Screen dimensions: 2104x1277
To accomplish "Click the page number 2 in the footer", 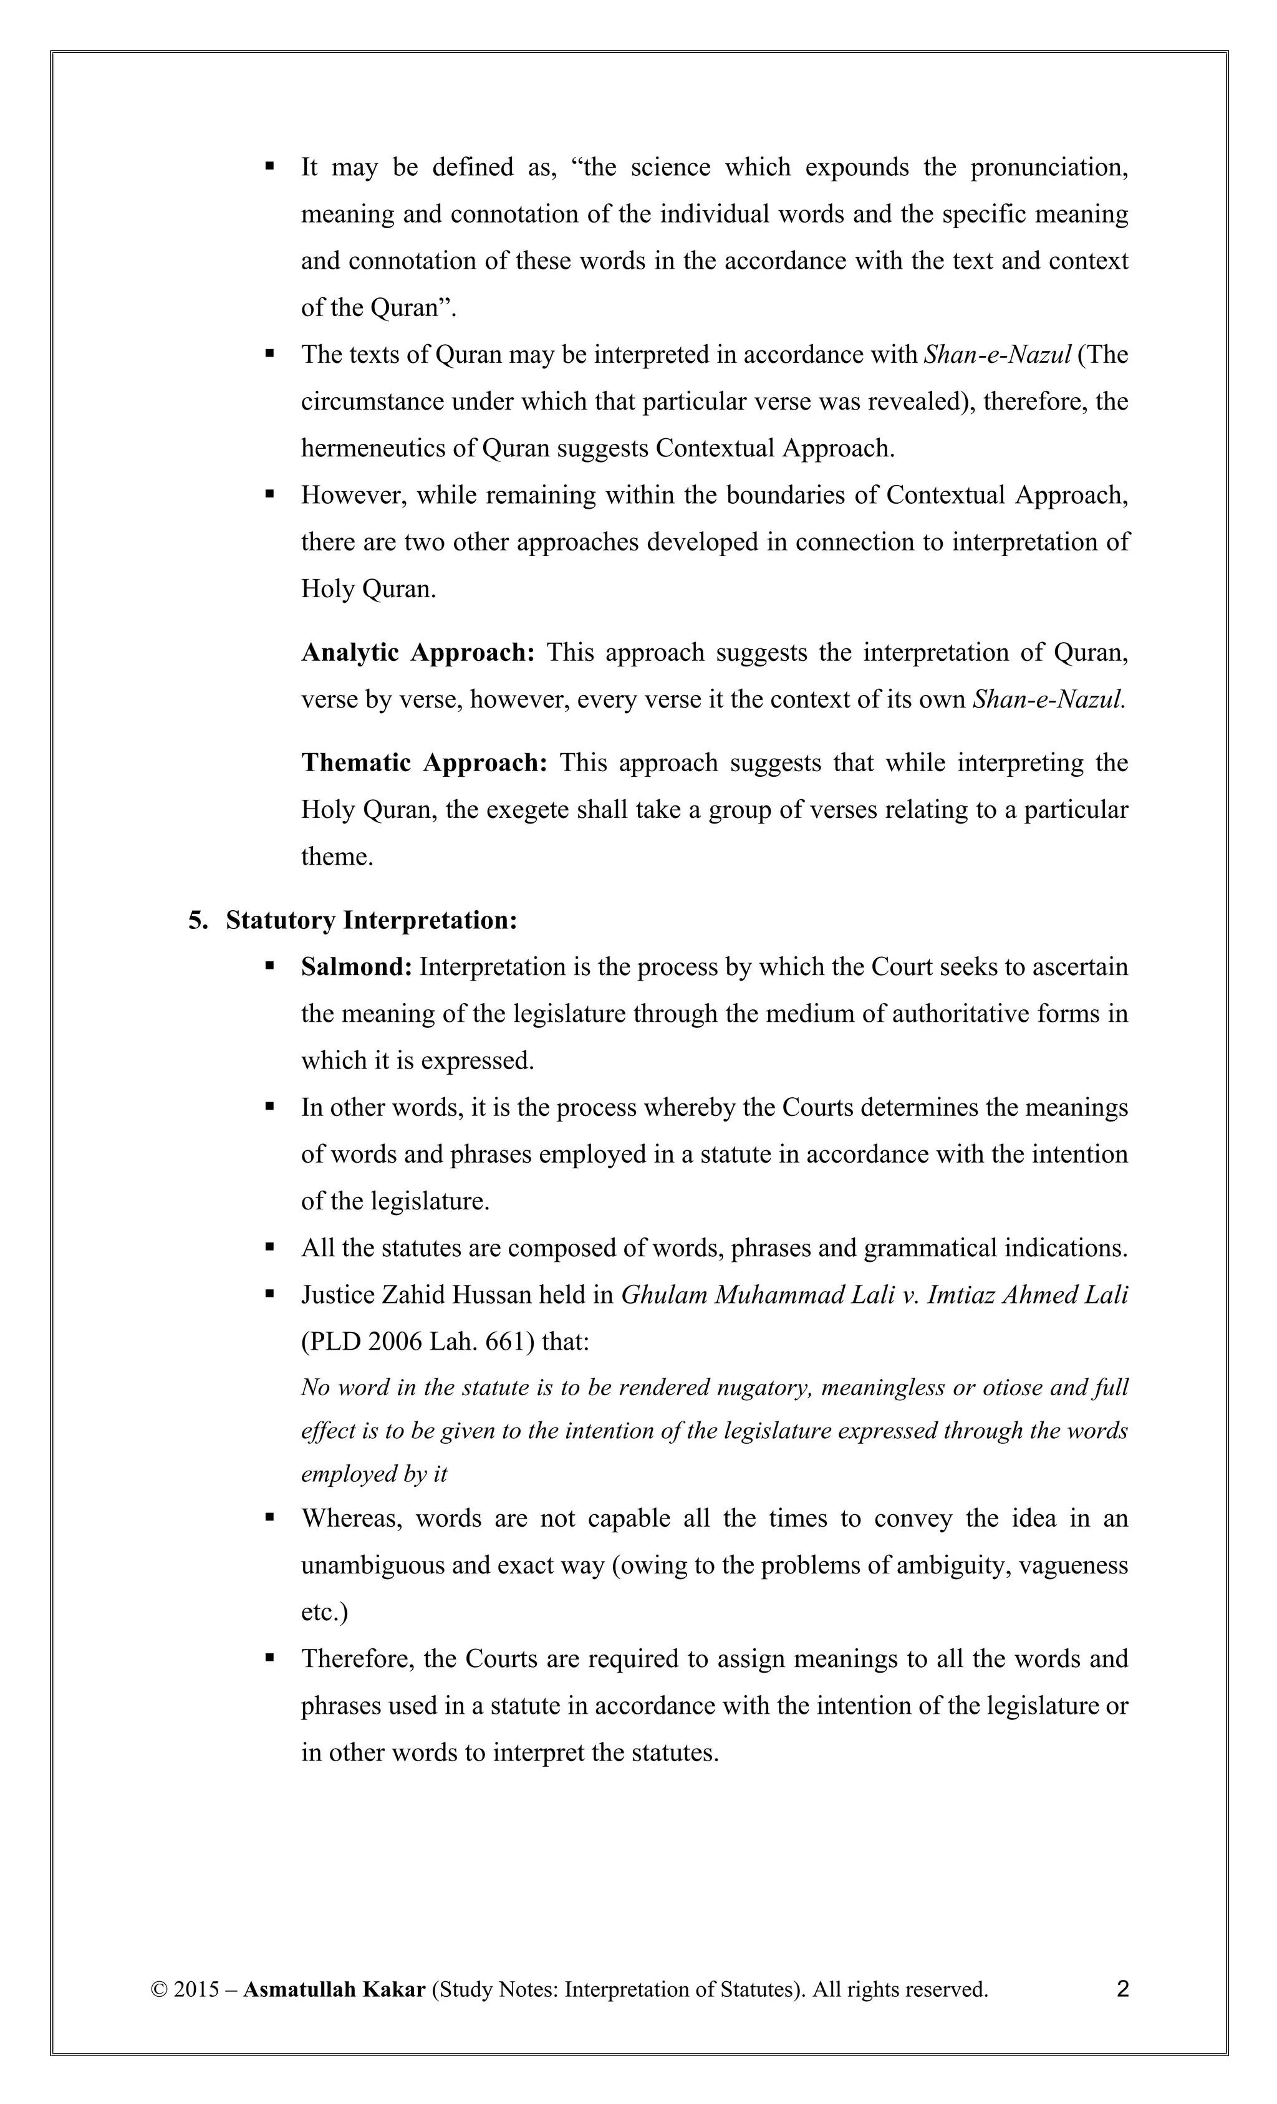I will [1122, 1989].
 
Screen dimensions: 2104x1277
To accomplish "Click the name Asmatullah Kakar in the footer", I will [334, 1989].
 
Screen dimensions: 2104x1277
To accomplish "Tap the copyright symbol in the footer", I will [158, 1989].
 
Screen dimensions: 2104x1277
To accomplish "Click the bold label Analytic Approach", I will [418, 652].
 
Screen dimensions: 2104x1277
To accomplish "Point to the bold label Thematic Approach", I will [423, 762].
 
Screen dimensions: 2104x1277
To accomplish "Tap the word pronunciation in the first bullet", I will [1049, 166].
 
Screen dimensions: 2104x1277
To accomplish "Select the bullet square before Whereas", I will [270, 1517].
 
